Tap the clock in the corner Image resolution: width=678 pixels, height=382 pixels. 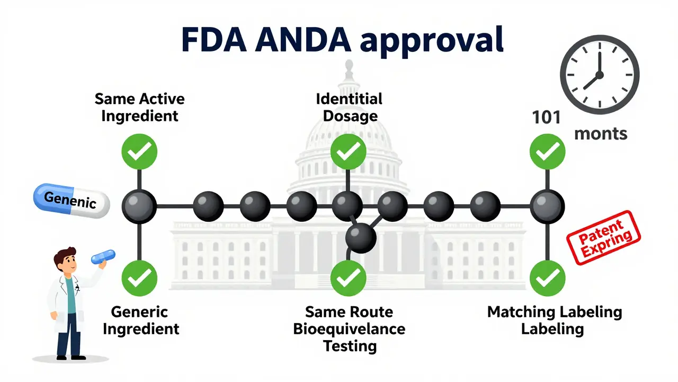coord(600,74)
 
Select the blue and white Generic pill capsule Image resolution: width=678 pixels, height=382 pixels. coord(71,201)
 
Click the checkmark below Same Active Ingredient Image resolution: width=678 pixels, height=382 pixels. coord(139,152)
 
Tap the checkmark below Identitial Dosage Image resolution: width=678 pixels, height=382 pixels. coord(348,152)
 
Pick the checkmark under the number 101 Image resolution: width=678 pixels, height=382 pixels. coord(548,152)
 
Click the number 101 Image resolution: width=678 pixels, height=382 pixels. coord(546,117)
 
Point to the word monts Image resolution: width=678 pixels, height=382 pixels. coord(601,133)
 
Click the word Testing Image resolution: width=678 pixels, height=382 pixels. coord(350,346)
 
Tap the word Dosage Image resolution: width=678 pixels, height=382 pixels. coord(350,116)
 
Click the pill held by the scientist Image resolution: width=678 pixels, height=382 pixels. coord(103,257)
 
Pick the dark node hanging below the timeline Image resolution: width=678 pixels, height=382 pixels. coord(361,237)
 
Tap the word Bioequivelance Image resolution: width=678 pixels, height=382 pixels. coord(349,328)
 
